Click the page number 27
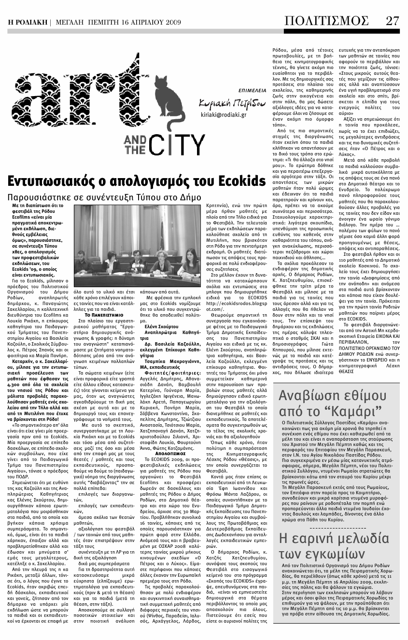point(392,21)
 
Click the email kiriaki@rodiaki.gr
point(223,115)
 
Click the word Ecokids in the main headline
point(239,181)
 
